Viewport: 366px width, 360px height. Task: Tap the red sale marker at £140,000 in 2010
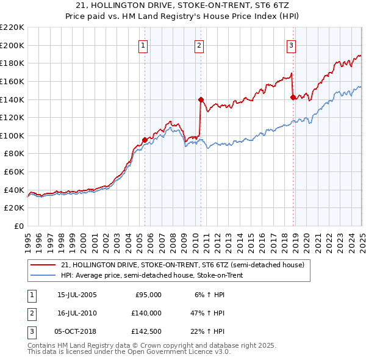click(201, 99)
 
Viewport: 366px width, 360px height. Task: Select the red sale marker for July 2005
click(145, 140)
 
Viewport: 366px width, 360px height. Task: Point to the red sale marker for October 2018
click(293, 96)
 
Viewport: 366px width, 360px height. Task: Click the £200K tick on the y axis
click(12, 45)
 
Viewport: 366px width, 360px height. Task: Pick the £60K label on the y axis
click(14, 172)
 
